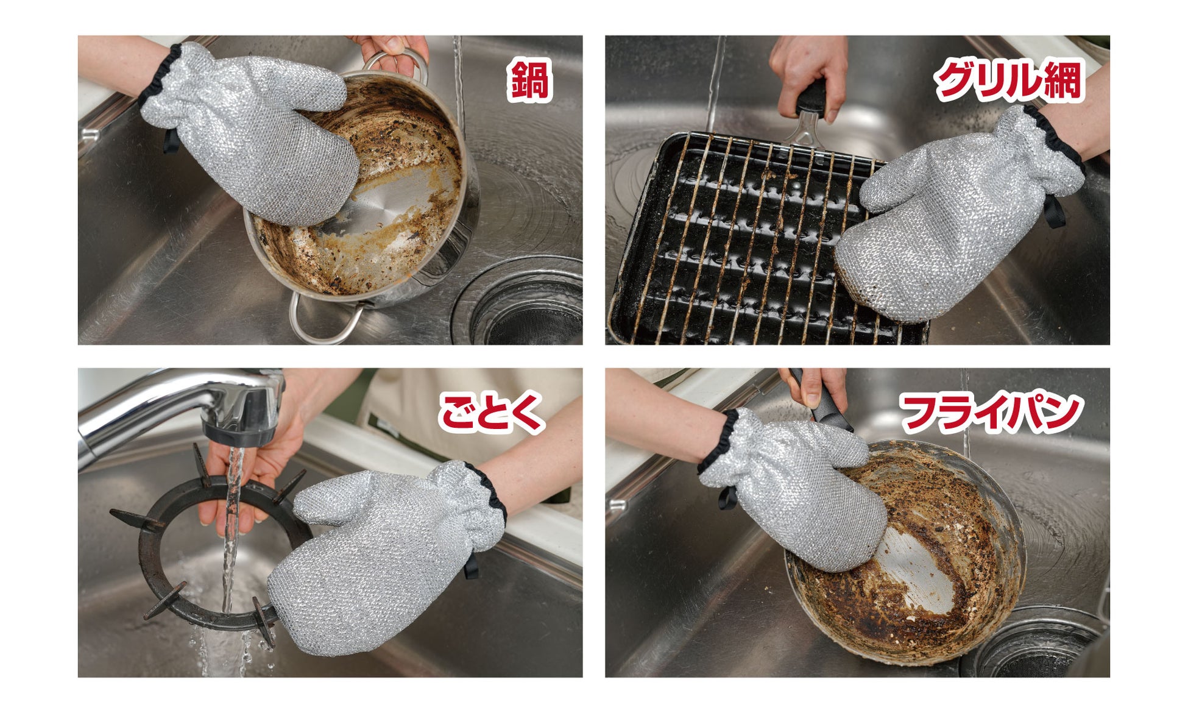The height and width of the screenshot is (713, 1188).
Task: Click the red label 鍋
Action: pyautogui.click(x=529, y=80)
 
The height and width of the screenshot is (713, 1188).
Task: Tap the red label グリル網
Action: pyautogui.click(x=1008, y=80)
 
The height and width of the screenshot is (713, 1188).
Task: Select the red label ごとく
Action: pyautogui.click(x=491, y=413)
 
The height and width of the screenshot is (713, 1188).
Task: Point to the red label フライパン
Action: pyautogui.click(x=991, y=413)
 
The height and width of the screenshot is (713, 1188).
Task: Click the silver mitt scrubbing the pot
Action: pyautogui.click(x=250, y=131)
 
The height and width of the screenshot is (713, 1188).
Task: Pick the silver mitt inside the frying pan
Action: pyautogui.click(x=792, y=488)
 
